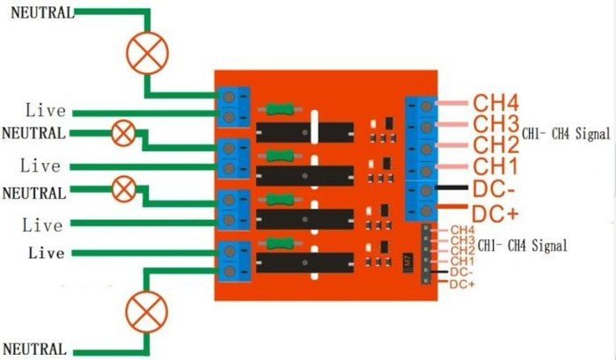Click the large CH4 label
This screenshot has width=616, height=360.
click(x=496, y=102)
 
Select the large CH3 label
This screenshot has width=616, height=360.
click(x=496, y=123)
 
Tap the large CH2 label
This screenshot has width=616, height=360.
click(x=496, y=144)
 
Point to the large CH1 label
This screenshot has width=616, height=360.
click(x=496, y=165)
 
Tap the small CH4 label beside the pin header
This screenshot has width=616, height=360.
click(x=463, y=231)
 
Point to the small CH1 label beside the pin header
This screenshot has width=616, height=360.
click(x=463, y=261)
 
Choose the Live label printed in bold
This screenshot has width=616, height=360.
click(x=46, y=253)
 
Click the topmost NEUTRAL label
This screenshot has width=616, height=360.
click(x=38, y=13)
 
